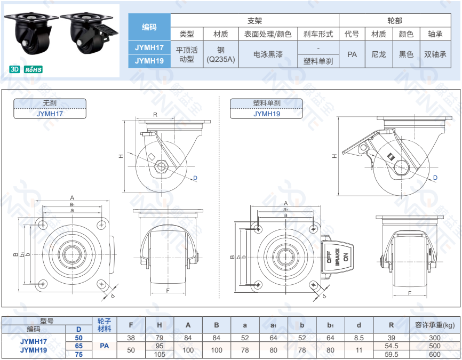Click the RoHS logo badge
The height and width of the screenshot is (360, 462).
pos(33,69)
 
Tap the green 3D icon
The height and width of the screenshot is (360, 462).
pos(14,69)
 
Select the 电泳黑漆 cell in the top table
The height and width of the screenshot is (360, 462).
pos(268,54)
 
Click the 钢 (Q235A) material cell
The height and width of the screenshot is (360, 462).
pos(220,54)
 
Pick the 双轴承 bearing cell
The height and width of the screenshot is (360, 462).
pos(435,54)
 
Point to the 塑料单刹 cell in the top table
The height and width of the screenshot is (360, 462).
pos(318,61)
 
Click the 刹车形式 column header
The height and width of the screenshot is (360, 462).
pos(318,34)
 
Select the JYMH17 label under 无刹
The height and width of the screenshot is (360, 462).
pos(49,113)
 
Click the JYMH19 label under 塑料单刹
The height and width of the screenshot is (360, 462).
pos(267,113)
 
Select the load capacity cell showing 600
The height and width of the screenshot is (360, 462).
pos(435,354)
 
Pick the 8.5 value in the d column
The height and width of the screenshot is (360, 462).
pos(359,338)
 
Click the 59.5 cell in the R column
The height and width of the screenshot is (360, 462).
pos(392,354)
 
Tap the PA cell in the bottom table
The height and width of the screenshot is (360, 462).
pos(104,346)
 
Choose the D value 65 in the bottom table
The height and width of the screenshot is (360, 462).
pos(79,346)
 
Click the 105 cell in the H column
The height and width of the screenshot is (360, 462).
pos(159,354)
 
